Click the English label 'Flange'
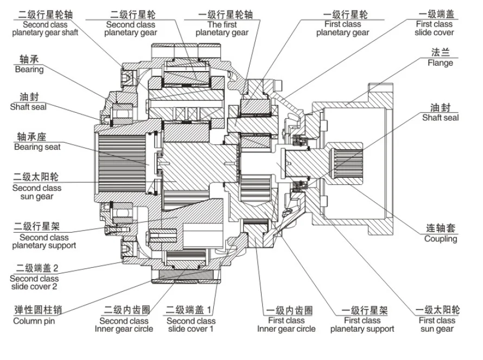[440, 63]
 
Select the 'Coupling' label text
[440, 239]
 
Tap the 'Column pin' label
[34, 320]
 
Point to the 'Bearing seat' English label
[37, 147]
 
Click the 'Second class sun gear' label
[37, 192]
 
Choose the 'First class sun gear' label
[436, 325]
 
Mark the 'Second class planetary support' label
[44, 242]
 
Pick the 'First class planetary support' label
[362, 325]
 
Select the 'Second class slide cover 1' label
[189, 325]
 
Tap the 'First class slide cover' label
[435, 28]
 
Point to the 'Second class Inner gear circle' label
[124, 325]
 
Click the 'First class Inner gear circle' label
[286, 325]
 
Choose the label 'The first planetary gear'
[222, 28]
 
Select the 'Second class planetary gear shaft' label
[45, 28]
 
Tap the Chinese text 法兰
[441, 53]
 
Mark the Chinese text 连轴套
[441, 228]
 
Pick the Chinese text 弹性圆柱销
[37, 310]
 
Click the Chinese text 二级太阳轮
[37, 177]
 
